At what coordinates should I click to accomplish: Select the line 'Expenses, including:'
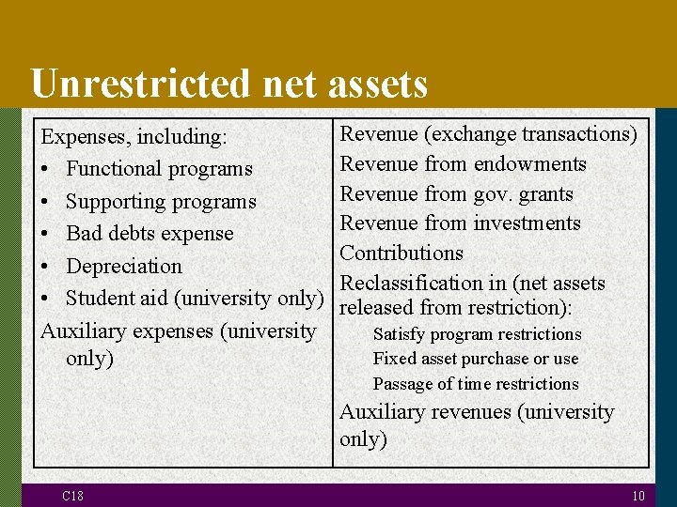(x=134, y=137)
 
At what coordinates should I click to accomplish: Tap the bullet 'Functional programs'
(x=159, y=169)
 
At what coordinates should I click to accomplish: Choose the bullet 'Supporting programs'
(x=161, y=202)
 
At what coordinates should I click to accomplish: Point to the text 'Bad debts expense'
(x=150, y=234)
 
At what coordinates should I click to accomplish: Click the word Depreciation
(x=124, y=267)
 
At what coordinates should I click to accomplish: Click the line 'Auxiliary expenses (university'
(x=179, y=331)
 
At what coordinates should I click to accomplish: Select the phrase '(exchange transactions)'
(x=531, y=134)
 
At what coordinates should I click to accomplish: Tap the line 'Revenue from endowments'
(x=463, y=164)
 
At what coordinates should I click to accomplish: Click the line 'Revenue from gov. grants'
(x=456, y=194)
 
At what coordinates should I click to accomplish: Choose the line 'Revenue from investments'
(x=460, y=223)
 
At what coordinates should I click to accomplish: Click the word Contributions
(x=401, y=253)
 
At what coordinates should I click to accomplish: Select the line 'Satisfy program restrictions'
(x=477, y=334)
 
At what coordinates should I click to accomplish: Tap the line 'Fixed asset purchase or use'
(x=475, y=359)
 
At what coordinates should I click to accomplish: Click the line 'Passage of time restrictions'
(x=475, y=384)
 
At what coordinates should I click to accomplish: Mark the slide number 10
(x=638, y=496)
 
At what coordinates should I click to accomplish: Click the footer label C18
(x=72, y=496)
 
